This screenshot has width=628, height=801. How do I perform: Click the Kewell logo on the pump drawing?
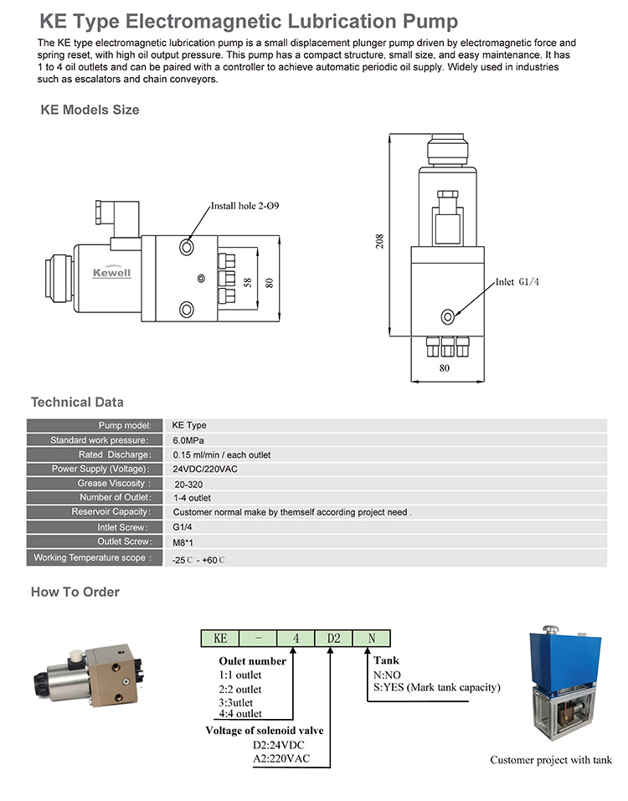(x=111, y=272)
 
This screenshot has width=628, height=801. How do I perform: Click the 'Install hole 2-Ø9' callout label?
(x=245, y=205)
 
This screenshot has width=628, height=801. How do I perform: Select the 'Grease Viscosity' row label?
(x=114, y=484)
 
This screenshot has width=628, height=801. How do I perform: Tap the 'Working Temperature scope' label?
(x=92, y=557)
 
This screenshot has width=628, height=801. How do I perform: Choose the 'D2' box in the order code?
(x=332, y=638)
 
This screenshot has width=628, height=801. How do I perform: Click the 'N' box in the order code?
(x=369, y=638)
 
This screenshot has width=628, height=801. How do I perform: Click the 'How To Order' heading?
(x=75, y=592)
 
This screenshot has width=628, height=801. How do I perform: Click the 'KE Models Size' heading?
(x=90, y=110)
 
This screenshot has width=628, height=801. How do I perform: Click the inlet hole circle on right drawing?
(x=448, y=316)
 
